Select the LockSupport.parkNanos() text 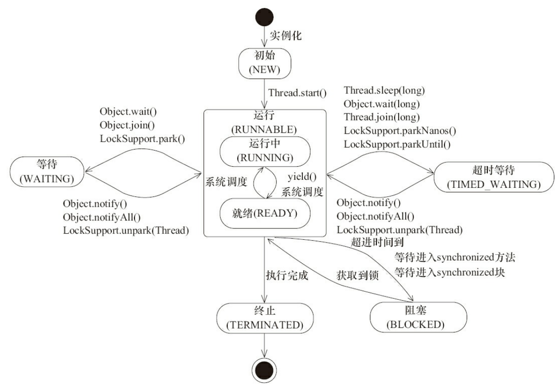point(400,130)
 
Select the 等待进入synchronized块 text point(450,273)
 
